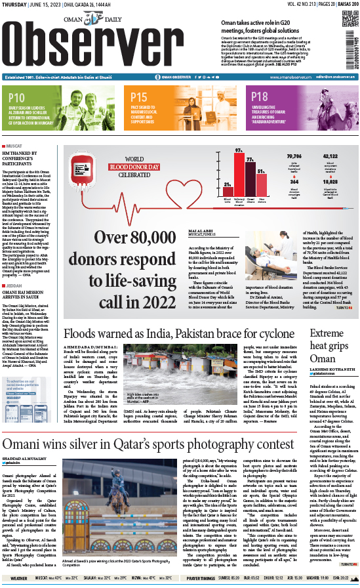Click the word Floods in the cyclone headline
[x=76, y=333]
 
